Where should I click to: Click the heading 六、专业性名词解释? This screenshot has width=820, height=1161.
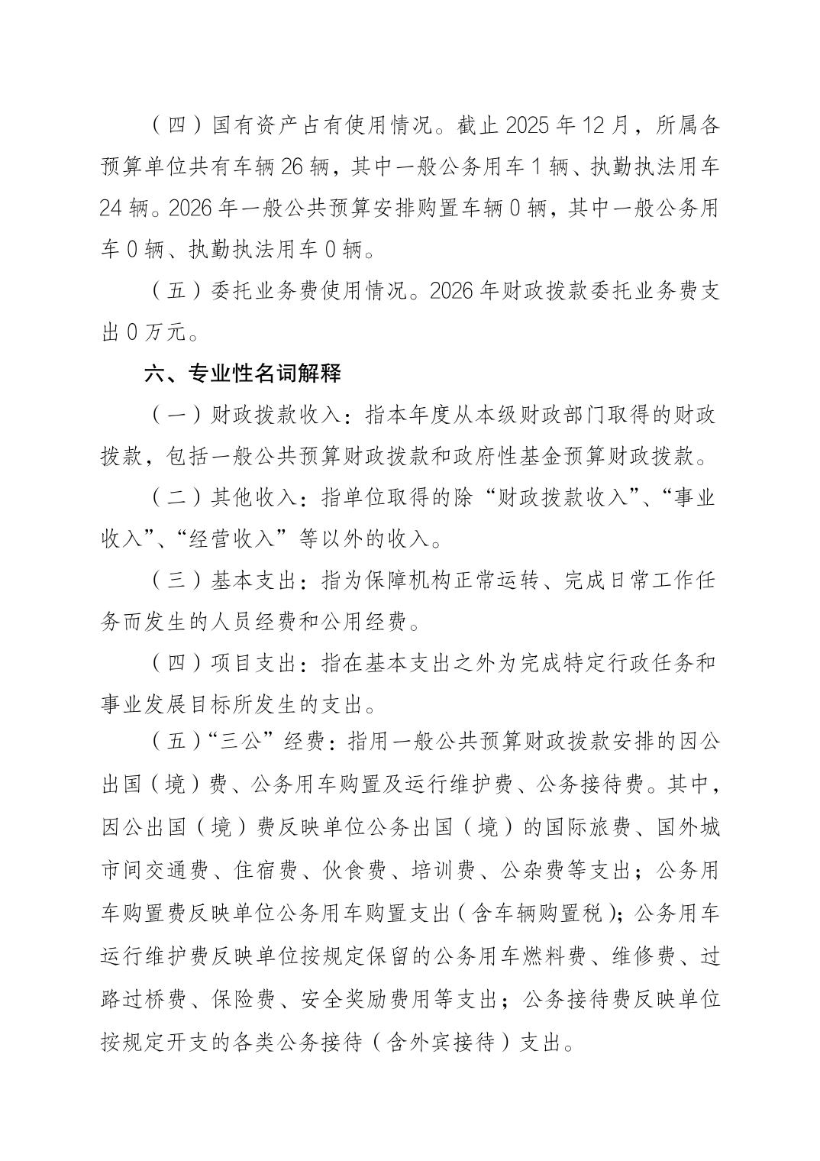[x=243, y=374]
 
